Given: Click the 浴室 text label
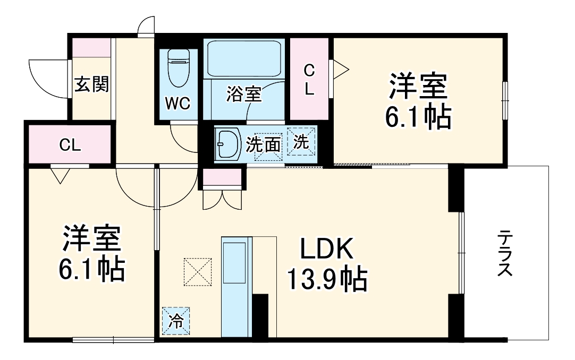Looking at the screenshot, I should (x=243, y=95).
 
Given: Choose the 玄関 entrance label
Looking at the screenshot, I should (x=91, y=84).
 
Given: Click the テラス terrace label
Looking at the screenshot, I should (x=505, y=254).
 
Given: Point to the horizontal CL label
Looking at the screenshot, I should (x=70, y=144).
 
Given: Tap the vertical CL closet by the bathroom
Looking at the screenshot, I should (x=309, y=80).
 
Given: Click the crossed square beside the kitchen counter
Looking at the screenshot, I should (x=198, y=272).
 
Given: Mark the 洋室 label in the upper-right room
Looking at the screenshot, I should (x=418, y=88).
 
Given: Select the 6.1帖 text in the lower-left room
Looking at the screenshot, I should (x=91, y=269).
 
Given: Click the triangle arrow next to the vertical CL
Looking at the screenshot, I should (x=339, y=69).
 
